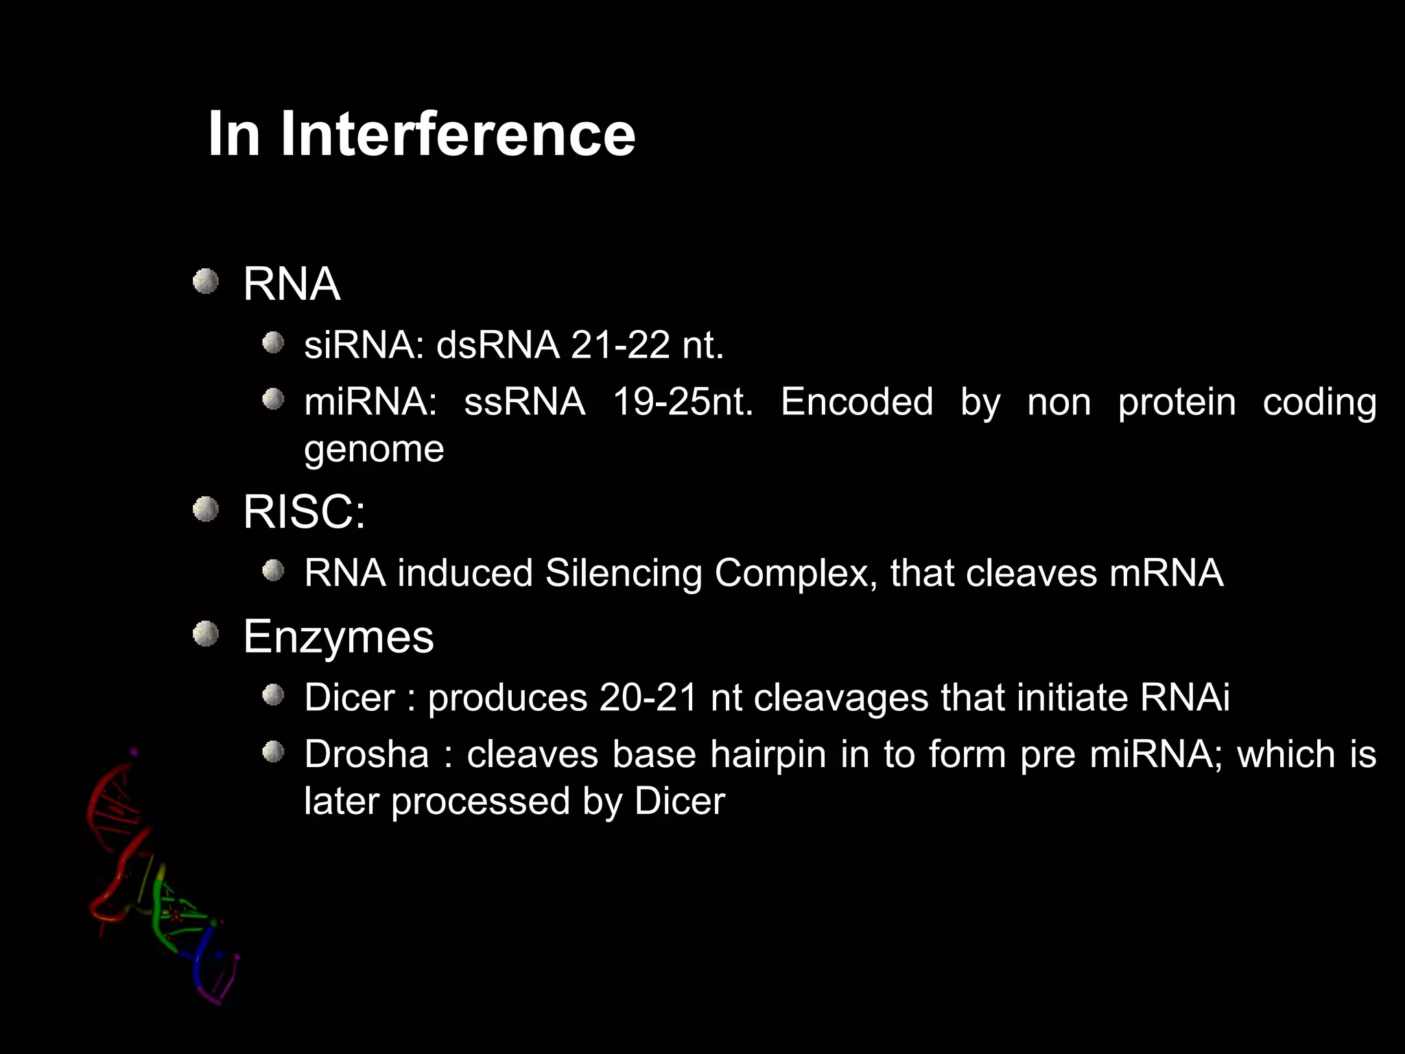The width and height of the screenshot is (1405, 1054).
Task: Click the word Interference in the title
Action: [x=458, y=134]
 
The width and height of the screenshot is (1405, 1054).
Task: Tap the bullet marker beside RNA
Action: [x=205, y=281]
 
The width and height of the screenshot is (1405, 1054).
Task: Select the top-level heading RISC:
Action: [x=304, y=512]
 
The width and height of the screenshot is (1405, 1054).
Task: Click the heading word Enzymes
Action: [x=338, y=637]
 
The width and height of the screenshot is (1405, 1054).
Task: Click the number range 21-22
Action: [x=619, y=344]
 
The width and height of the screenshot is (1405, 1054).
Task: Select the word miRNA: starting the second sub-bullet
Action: [x=370, y=402]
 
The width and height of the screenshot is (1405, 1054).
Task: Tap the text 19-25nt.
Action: [x=683, y=402]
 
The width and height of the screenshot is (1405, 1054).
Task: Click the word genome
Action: [x=374, y=450]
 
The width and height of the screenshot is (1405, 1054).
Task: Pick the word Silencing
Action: [x=623, y=573]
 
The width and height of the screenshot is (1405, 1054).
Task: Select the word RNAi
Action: [x=1185, y=698]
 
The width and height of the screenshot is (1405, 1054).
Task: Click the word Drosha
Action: [x=366, y=754]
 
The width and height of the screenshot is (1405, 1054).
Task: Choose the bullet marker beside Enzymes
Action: [x=205, y=634]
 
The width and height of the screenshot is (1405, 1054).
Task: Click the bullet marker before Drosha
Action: [x=273, y=752]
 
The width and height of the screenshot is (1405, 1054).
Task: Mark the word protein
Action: [x=1177, y=402]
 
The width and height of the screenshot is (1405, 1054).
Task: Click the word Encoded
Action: [x=856, y=402]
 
